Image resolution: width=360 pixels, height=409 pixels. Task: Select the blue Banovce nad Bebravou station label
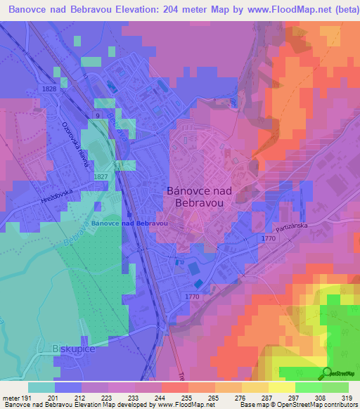click(129, 223)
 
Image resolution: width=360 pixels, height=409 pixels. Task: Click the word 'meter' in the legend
click(10, 397)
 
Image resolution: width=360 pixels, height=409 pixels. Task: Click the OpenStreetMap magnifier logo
click(326, 372)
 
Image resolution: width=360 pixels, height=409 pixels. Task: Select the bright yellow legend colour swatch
click(281, 387)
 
